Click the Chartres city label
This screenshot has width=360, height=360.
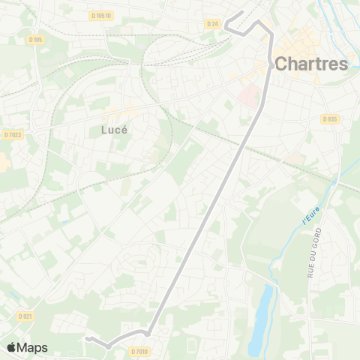[x=312, y=64]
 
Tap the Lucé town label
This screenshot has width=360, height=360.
[x=114, y=129]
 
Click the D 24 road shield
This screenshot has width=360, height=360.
[x=212, y=24]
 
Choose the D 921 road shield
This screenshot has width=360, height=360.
[x=25, y=316]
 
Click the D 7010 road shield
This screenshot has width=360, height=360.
[x=139, y=351]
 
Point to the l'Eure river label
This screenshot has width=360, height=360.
[x=310, y=218]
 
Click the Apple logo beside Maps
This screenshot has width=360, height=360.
[x=12, y=347]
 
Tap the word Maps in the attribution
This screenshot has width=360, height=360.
[x=32, y=347]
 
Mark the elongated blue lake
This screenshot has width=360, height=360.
[x=259, y=315]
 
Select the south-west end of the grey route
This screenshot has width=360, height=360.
[x=88, y=339]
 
